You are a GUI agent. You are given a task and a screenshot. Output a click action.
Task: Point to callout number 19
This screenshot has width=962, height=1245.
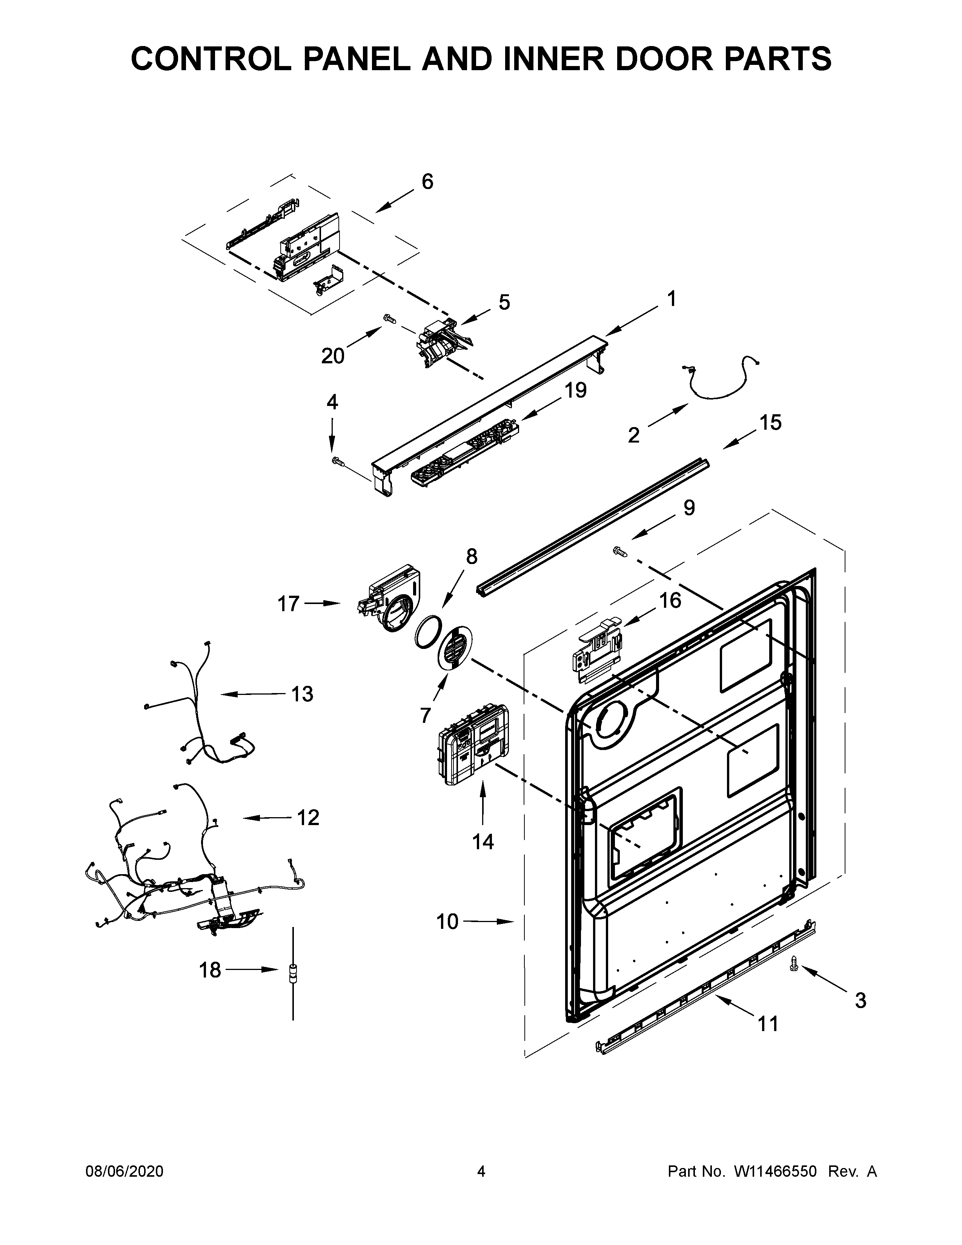coord(576,390)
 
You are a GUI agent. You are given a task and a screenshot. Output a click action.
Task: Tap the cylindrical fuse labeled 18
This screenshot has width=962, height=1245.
coord(294,971)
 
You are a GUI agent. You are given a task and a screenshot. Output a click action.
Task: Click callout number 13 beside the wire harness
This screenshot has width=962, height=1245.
coord(302,694)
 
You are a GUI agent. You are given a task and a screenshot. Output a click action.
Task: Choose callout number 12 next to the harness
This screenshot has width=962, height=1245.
coord(308,818)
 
